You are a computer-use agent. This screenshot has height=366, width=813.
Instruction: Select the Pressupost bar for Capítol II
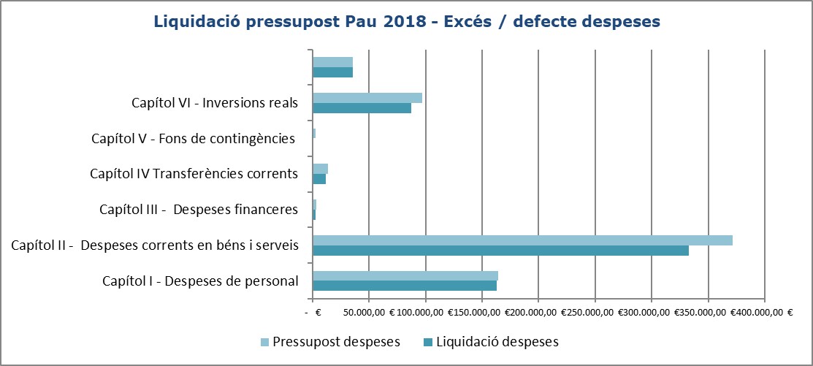click(522, 240)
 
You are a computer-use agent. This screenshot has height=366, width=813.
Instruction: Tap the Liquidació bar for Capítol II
click(500, 251)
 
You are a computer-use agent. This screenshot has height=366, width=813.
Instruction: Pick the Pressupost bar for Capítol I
click(405, 275)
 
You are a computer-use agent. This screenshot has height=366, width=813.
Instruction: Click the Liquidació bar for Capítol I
click(405, 286)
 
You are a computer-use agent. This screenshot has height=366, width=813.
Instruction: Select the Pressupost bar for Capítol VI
click(367, 98)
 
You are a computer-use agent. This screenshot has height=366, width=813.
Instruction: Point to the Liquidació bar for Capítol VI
click(362, 108)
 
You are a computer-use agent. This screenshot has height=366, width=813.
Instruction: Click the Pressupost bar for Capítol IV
click(320, 169)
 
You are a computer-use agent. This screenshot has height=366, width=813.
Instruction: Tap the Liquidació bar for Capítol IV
click(319, 179)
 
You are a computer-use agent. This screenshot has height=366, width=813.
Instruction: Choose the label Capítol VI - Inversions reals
click(215, 102)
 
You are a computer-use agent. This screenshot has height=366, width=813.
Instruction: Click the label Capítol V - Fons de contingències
click(193, 138)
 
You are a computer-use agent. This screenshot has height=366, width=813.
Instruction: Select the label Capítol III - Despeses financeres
click(199, 210)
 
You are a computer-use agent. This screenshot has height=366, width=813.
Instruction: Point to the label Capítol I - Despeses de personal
click(200, 281)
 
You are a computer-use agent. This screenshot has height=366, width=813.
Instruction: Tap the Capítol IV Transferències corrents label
click(194, 174)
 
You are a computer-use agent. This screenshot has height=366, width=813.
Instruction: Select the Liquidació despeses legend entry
click(490, 341)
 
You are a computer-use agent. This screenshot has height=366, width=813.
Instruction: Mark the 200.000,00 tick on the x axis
click(533, 312)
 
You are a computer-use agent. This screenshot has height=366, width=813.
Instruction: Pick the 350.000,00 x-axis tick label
click(700, 312)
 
